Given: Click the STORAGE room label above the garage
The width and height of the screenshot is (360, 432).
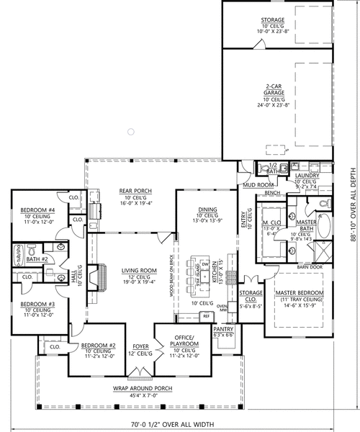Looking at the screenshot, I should (x=272, y=20).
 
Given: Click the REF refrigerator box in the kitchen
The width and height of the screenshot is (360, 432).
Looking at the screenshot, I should (x=206, y=315).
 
